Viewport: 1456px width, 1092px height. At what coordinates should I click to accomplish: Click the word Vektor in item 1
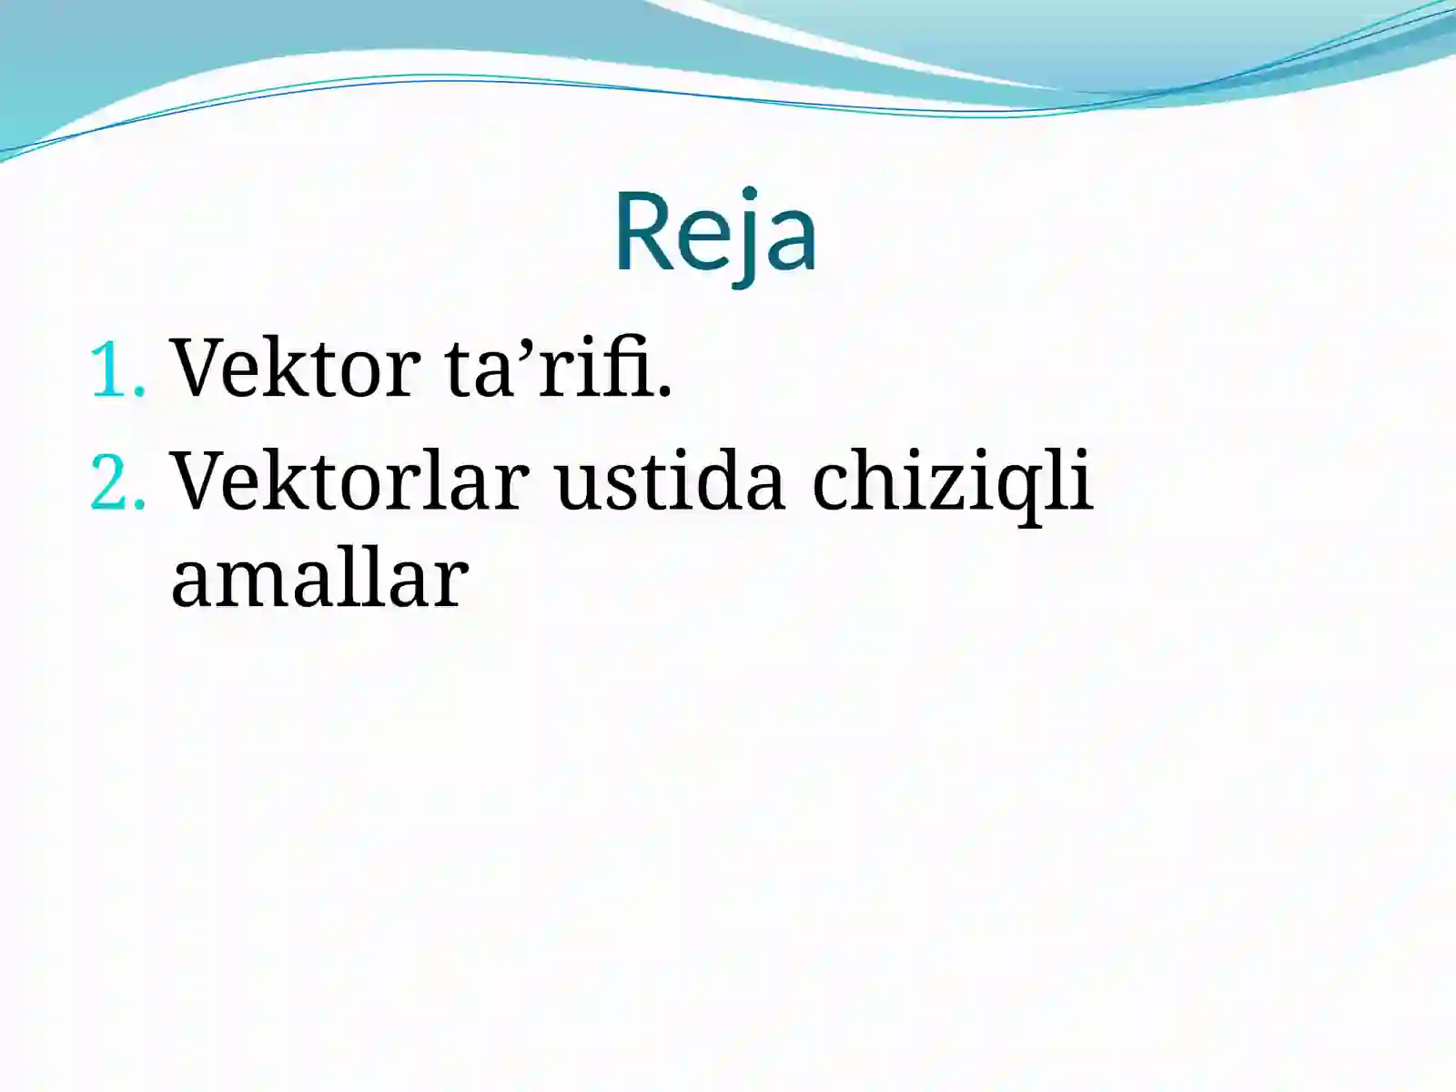[x=296, y=368]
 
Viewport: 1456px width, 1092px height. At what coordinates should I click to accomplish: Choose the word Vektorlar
[x=350, y=480]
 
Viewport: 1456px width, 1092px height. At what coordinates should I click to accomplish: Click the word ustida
[x=670, y=480]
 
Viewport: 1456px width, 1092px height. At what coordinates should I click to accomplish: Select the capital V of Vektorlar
[x=201, y=480]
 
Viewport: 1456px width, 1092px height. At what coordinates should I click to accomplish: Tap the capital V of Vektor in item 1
[x=201, y=368]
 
